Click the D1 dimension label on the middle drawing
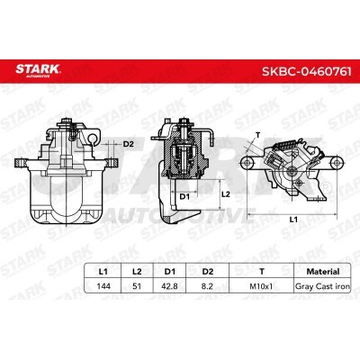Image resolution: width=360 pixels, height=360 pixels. point(184,194)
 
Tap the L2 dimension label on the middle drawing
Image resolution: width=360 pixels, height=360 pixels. point(228,193)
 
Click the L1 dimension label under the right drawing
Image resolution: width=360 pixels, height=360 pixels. point(293,220)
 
